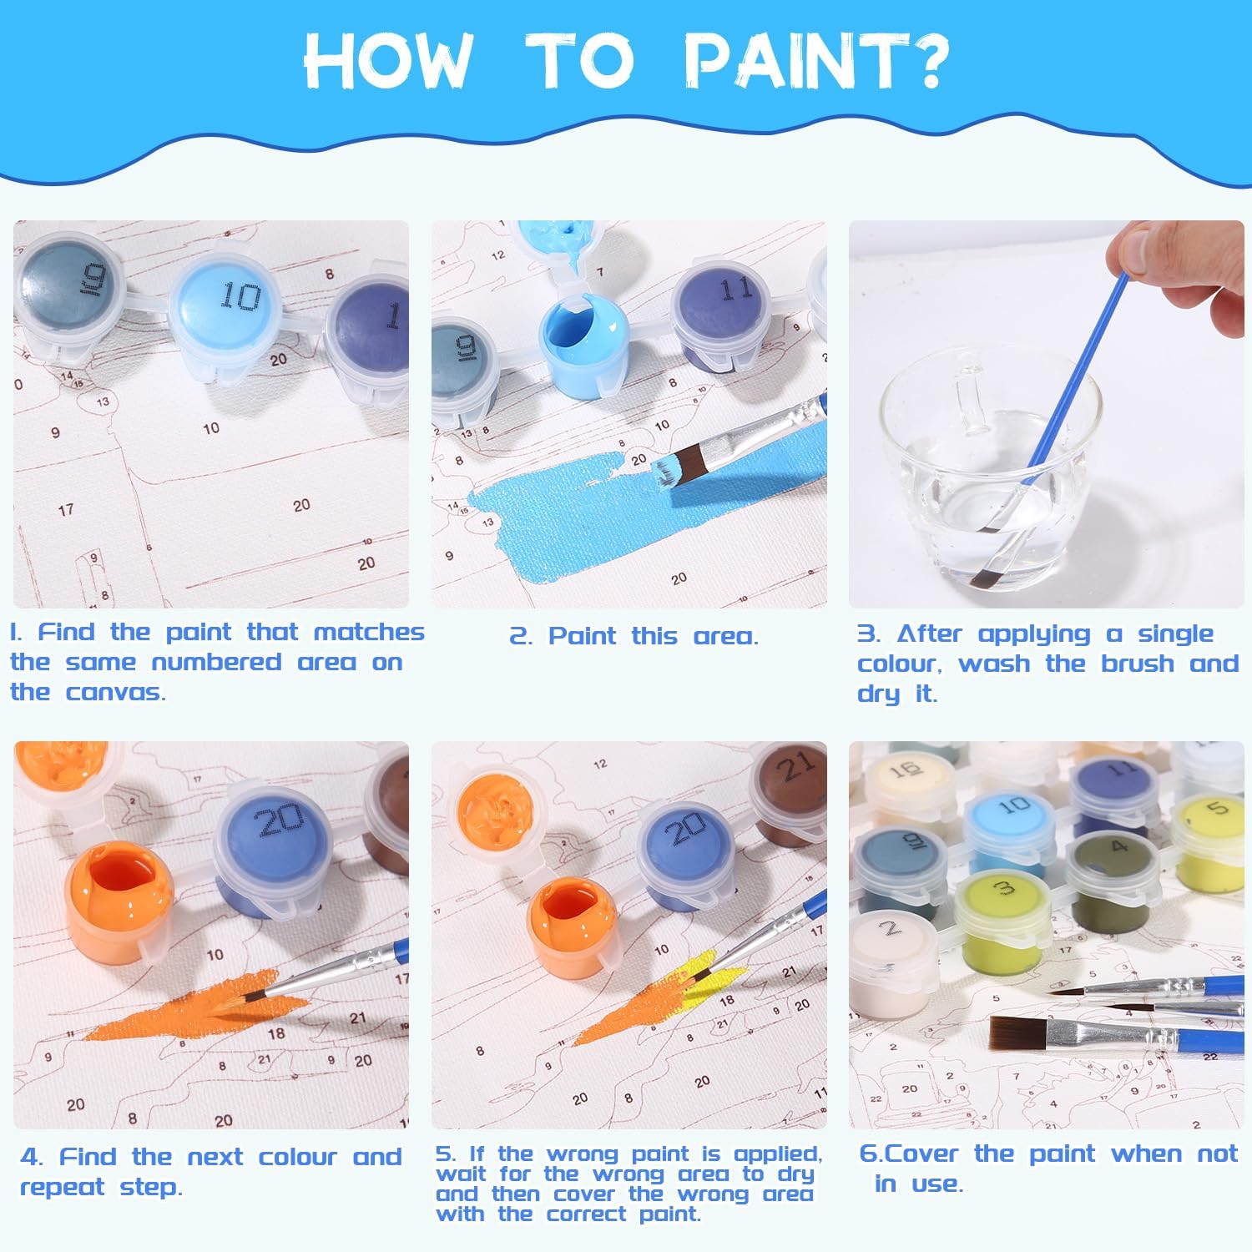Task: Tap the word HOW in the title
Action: pyautogui.click(x=388, y=60)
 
